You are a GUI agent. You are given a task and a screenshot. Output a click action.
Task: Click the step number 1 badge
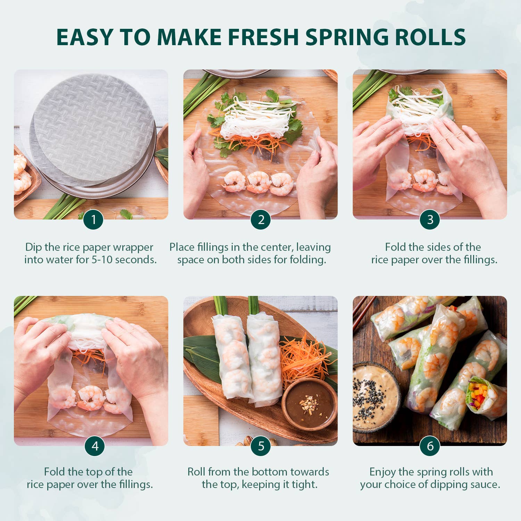point(93,220)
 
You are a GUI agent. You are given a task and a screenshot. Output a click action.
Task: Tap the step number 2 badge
point(261,220)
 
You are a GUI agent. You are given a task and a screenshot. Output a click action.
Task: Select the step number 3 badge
point(430,220)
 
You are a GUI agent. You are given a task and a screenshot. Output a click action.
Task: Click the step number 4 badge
point(95,446)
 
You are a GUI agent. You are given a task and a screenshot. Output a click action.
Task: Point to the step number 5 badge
point(261,446)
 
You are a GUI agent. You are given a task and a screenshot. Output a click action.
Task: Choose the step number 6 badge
point(430,446)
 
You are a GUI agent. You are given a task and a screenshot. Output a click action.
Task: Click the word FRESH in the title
point(263,37)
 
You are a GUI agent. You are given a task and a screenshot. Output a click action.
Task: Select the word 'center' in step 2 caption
point(276,247)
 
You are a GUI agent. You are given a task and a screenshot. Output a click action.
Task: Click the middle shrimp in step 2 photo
point(258,182)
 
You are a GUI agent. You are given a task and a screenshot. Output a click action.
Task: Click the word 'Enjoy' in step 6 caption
point(382,472)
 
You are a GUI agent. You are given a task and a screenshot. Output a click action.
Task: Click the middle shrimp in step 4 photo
point(91,398)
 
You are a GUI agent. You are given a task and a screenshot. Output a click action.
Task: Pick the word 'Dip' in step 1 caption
point(33,247)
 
